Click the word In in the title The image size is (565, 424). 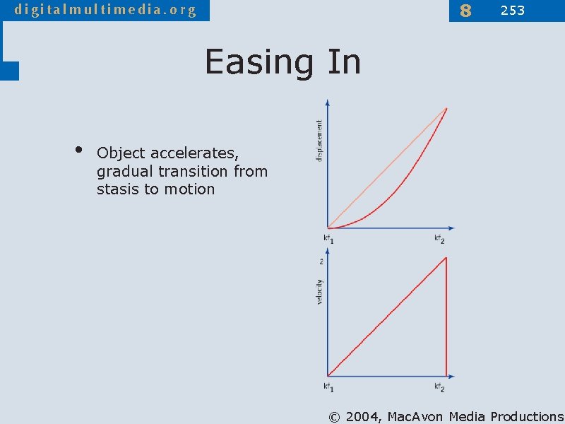tap(344, 62)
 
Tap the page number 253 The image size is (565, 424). tap(513, 10)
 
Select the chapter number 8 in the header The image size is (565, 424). tap(465, 11)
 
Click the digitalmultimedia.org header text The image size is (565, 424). tap(105, 10)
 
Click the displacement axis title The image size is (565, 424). tap(319, 140)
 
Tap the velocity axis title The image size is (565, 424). tap(319, 292)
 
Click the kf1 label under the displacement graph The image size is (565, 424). tap(328, 239)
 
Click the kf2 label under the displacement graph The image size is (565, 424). tap(439, 239)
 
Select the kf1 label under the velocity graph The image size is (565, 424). tap(328, 387)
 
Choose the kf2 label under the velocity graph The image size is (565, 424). tap(439, 387)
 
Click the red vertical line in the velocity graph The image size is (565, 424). tap(446, 318)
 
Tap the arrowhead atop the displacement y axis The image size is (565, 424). tap(328, 102)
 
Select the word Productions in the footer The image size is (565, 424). tap(527, 416)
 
